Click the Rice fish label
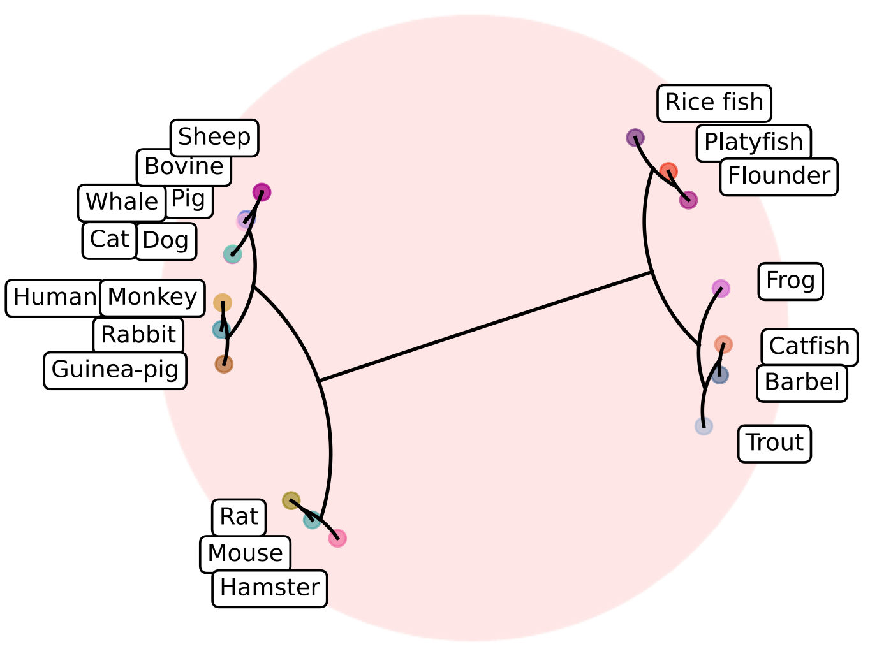coord(714,103)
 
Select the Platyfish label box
coord(753,142)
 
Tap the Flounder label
coord(778,176)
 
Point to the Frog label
coord(790,281)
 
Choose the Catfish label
coord(809,346)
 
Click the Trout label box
coord(774,443)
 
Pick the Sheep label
coord(214,137)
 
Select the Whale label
coord(121,202)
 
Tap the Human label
coord(54,298)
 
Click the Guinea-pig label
coord(115,370)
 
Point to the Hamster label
coord(269,588)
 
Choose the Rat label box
coord(239,516)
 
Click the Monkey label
coord(152,298)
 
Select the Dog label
coord(165,241)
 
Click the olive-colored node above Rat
coord(291,500)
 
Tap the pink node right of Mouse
coord(337,538)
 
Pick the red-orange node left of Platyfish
coord(668,172)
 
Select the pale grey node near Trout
coord(704,426)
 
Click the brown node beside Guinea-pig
coord(224,364)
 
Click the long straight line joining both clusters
coord(485,327)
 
